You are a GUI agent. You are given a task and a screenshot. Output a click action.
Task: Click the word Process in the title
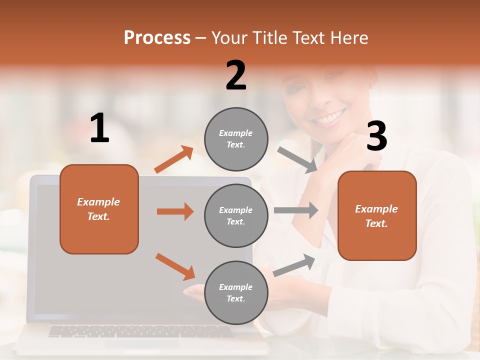(x=157, y=38)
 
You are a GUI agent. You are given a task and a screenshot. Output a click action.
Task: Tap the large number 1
(x=99, y=129)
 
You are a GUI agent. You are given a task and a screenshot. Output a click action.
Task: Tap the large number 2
(x=236, y=75)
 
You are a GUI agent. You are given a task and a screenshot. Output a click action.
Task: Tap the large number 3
(x=376, y=136)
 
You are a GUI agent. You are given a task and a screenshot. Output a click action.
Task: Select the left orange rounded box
(x=99, y=209)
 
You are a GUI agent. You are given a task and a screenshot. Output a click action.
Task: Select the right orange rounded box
(x=377, y=215)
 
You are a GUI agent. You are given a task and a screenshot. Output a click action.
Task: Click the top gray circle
(x=236, y=139)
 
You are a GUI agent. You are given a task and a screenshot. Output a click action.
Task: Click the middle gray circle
(x=236, y=215)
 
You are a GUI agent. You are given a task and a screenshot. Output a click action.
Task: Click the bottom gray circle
(x=236, y=292)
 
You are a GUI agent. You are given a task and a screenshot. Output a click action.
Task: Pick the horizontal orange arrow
(x=175, y=211)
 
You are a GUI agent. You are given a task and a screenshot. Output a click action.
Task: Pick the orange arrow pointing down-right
(x=175, y=266)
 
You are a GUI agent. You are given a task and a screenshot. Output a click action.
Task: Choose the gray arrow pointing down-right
(x=297, y=160)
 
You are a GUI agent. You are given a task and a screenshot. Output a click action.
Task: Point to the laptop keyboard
(x=140, y=331)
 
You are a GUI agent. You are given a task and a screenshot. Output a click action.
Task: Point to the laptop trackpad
(x=142, y=344)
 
